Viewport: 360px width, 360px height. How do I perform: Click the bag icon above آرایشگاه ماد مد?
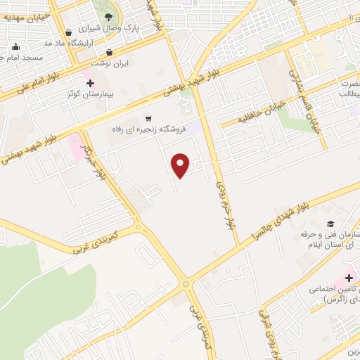[67, 32]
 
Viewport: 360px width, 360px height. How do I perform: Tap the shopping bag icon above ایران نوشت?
[109, 51]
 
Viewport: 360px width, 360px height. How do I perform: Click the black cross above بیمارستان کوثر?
[90, 82]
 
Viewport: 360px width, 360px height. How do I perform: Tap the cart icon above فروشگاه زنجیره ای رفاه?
[148, 117]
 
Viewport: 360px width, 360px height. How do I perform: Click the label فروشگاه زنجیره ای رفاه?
[147, 129]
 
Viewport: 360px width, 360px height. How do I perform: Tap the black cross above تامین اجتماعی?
[349, 278]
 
